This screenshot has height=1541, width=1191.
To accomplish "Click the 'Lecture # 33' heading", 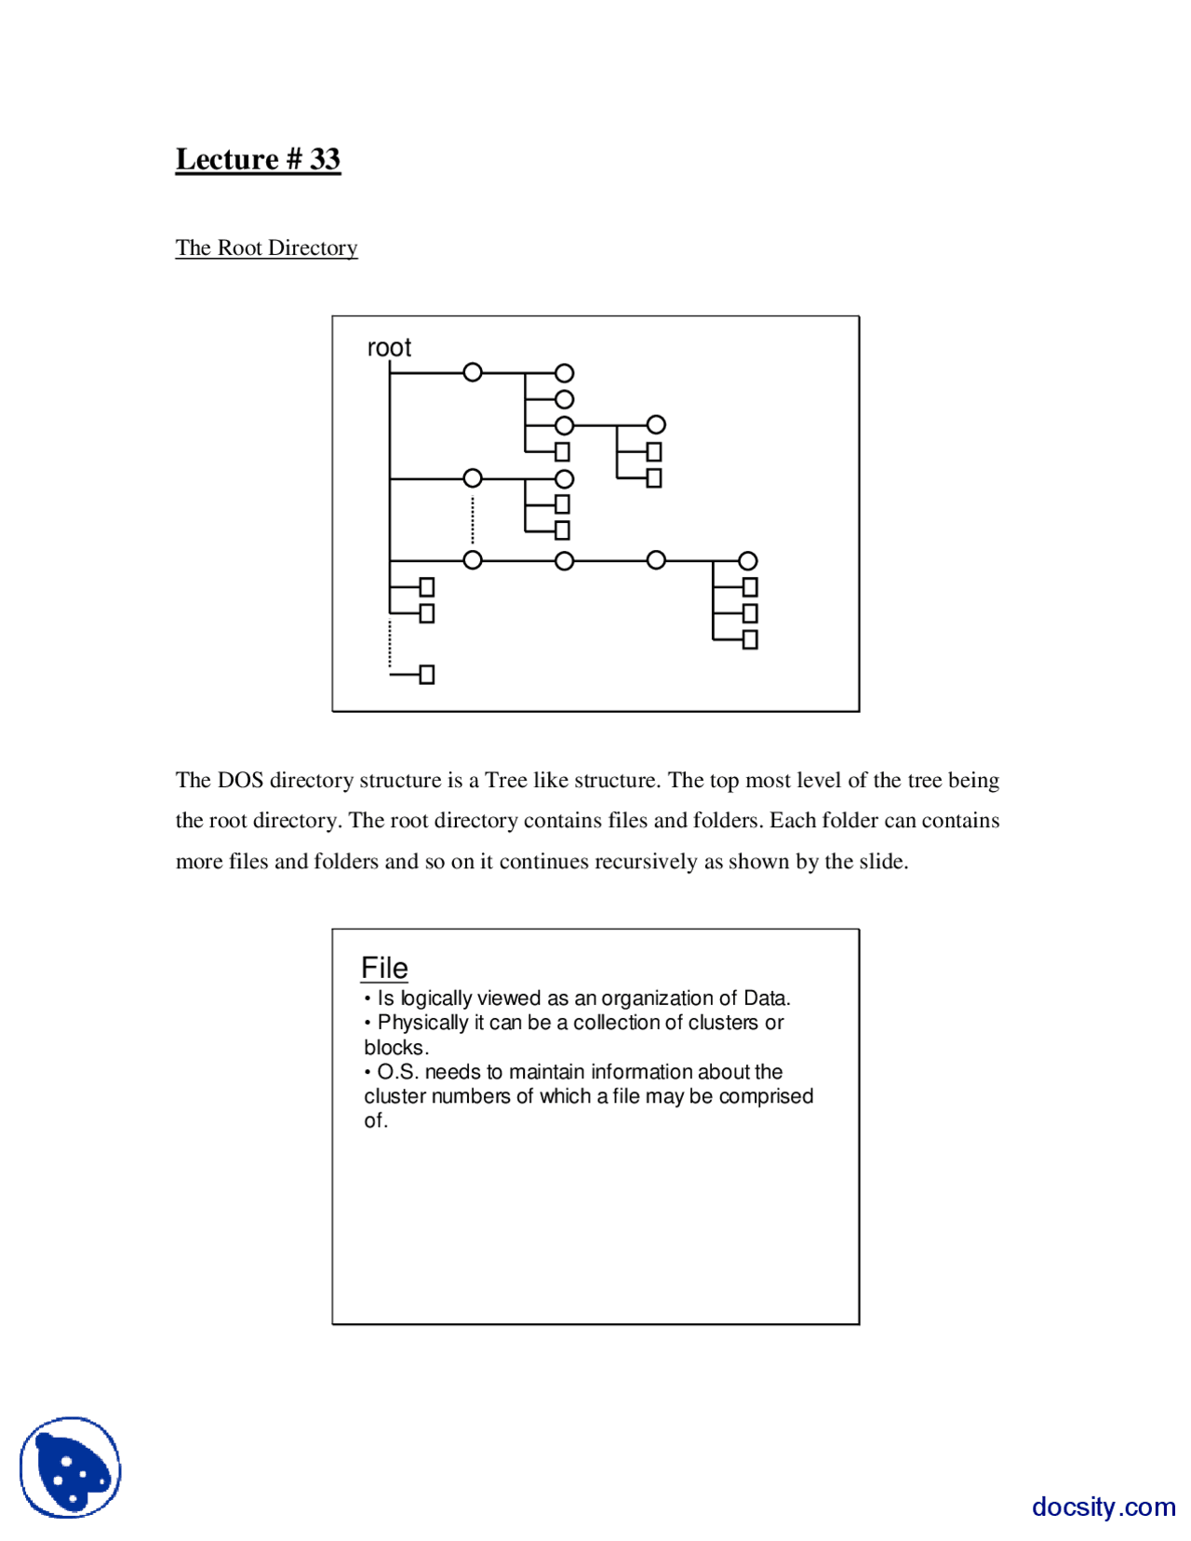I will (x=258, y=159).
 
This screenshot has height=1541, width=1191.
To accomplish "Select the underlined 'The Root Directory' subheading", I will (x=266, y=248).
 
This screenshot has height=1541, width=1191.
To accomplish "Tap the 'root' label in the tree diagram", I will (x=389, y=347).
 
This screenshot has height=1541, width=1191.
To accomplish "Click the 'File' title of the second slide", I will (x=384, y=968).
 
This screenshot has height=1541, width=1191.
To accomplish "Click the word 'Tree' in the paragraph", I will (x=506, y=780).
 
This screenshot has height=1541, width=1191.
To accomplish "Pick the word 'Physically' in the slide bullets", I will (x=422, y=1023).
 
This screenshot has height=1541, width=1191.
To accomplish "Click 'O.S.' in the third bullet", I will (x=398, y=1072).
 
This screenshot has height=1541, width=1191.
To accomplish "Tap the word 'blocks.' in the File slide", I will (x=396, y=1048).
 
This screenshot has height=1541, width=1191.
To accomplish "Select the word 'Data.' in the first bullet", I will (x=767, y=998).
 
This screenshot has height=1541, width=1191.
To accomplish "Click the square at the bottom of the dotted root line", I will (x=427, y=675).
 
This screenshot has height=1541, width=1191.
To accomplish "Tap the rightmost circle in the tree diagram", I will (x=748, y=561).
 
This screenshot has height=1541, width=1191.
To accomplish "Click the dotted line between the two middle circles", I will (x=473, y=519).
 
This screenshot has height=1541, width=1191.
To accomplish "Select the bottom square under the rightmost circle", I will (x=750, y=639).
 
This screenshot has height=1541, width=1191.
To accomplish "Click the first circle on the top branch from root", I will (x=473, y=373).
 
